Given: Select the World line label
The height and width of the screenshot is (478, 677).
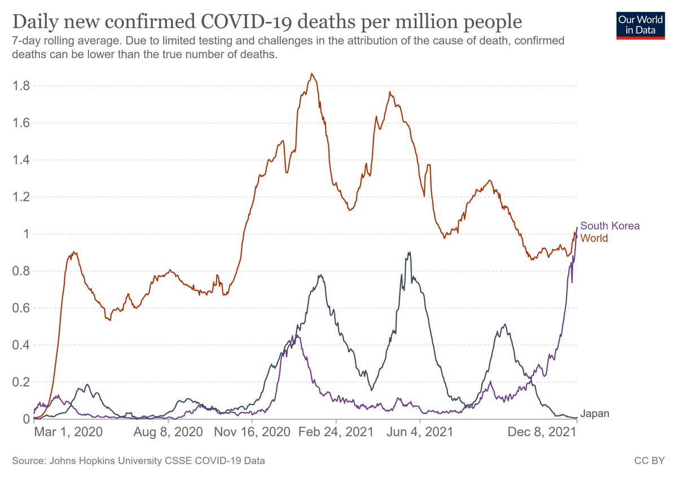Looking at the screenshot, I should pyautogui.click(x=594, y=238).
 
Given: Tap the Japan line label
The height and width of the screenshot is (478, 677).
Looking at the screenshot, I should pyautogui.click(x=595, y=414).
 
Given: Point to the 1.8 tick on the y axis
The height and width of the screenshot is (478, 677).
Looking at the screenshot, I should pyautogui.click(x=22, y=86).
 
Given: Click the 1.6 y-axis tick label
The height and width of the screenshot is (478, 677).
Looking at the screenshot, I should pyautogui.click(x=22, y=123).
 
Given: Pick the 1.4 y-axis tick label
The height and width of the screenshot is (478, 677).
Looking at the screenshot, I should pyautogui.click(x=22, y=160).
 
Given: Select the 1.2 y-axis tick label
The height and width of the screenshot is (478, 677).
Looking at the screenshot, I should pyautogui.click(x=22, y=197).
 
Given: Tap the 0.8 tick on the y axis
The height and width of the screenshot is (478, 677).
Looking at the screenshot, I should pyautogui.click(x=22, y=271).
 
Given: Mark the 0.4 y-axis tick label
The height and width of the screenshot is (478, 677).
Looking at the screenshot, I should pyautogui.click(x=22, y=345).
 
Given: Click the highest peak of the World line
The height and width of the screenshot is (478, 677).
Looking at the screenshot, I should pyautogui.click(x=312, y=74).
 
